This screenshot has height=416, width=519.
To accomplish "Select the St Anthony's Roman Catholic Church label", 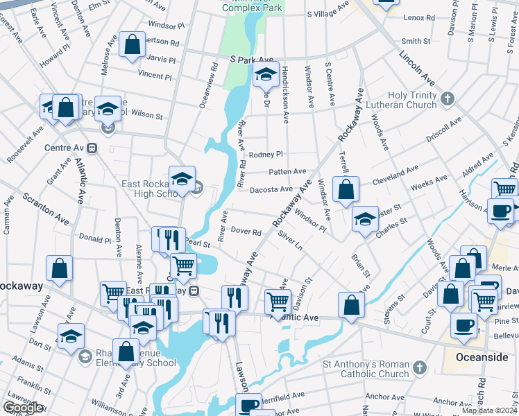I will (x=365, y=370).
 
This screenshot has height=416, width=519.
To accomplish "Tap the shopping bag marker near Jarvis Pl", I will (x=132, y=46).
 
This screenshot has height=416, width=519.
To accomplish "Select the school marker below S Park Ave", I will (x=264, y=73).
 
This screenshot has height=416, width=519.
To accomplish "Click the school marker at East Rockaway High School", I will (x=182, y=179).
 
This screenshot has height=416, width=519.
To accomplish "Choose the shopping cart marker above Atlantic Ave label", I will (x=278, y=300).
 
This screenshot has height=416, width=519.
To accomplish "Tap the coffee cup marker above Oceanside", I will (x=463, y=324).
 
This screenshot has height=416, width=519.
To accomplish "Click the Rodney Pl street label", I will (x=266, y=154).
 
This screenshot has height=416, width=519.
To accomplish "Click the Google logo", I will (x=23, y=408).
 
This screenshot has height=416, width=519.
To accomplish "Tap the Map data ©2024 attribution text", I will (x=489, y=410).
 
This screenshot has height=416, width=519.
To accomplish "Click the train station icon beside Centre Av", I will (x=92, y=148).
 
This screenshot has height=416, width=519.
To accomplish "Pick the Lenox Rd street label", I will (x=417, y=17).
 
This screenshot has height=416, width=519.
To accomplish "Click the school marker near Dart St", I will (x=71, y=336).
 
